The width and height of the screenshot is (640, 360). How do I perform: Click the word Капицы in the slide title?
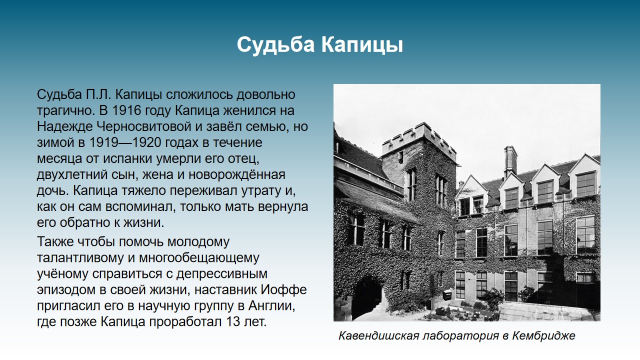coord(362,45)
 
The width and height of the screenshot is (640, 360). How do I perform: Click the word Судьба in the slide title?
coord(275,44)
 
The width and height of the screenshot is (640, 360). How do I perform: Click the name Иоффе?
coord(283,289)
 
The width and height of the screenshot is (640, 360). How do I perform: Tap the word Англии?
coord(271,305)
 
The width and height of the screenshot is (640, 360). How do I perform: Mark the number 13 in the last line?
coord(233,321)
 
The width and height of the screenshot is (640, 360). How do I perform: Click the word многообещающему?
coord(199,258)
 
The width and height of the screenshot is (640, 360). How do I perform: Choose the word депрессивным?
coord(222,274)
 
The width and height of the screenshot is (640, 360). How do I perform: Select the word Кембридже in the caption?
coord(543,336)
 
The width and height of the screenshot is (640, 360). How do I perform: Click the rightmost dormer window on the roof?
coord(585,177)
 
